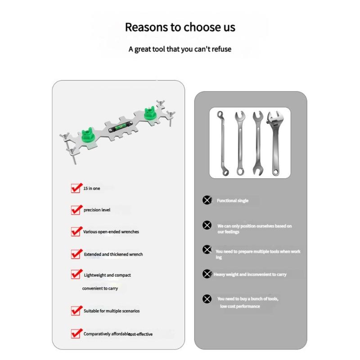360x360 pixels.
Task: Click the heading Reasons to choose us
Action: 180,27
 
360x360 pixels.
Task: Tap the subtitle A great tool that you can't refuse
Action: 180,49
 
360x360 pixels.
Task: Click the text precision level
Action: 97,210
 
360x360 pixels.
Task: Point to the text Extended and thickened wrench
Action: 113,254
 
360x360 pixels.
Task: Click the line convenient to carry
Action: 100,288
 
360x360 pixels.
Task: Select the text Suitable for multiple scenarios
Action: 112,311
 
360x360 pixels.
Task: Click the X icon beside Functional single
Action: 207,200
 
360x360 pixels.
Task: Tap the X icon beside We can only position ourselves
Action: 207,225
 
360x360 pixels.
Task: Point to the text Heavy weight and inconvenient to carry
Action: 250,274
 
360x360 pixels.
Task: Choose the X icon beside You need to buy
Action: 207,299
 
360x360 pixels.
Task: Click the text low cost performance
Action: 240,306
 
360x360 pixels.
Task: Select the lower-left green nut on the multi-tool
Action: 88,135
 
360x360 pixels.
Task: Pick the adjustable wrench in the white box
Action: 275,143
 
